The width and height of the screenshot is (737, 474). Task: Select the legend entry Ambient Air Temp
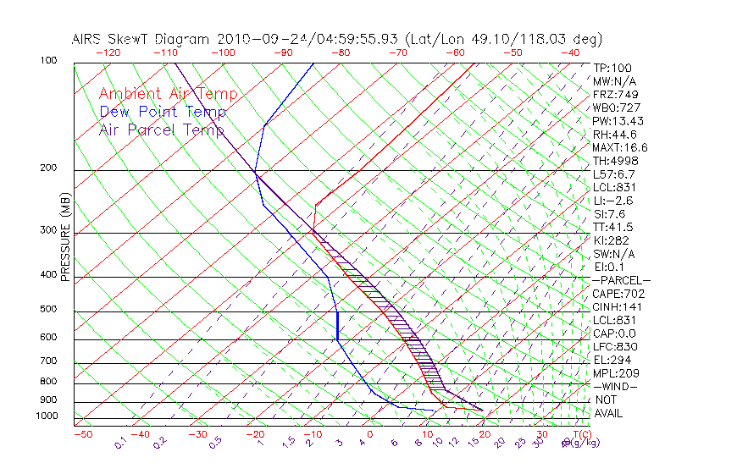coord(169,94)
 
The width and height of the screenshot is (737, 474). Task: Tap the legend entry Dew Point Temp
coord(163,112)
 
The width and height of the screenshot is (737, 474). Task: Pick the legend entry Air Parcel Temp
coord(162,130)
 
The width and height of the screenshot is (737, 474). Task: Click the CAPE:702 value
coord(615,294)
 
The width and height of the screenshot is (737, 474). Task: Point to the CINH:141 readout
coord(615,306)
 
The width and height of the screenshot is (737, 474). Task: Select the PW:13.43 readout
coord(618,121)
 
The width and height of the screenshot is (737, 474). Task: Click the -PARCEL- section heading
coord(621,280)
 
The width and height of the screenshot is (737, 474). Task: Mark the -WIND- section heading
coord(616,386)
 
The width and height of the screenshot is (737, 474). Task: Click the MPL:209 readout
coord(615,372)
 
